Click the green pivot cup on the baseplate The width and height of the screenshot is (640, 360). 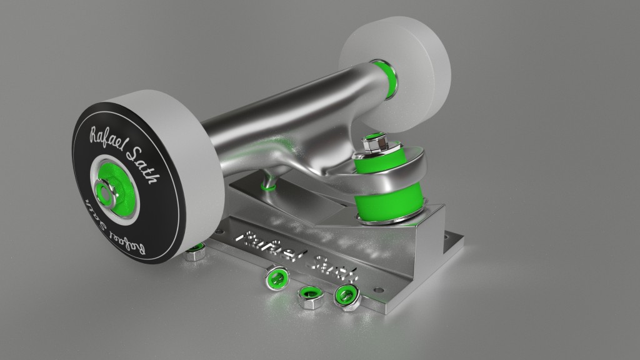(269, 183)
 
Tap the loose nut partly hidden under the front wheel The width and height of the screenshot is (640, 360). (196, 252)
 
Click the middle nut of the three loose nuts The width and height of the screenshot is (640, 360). (309, 297)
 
